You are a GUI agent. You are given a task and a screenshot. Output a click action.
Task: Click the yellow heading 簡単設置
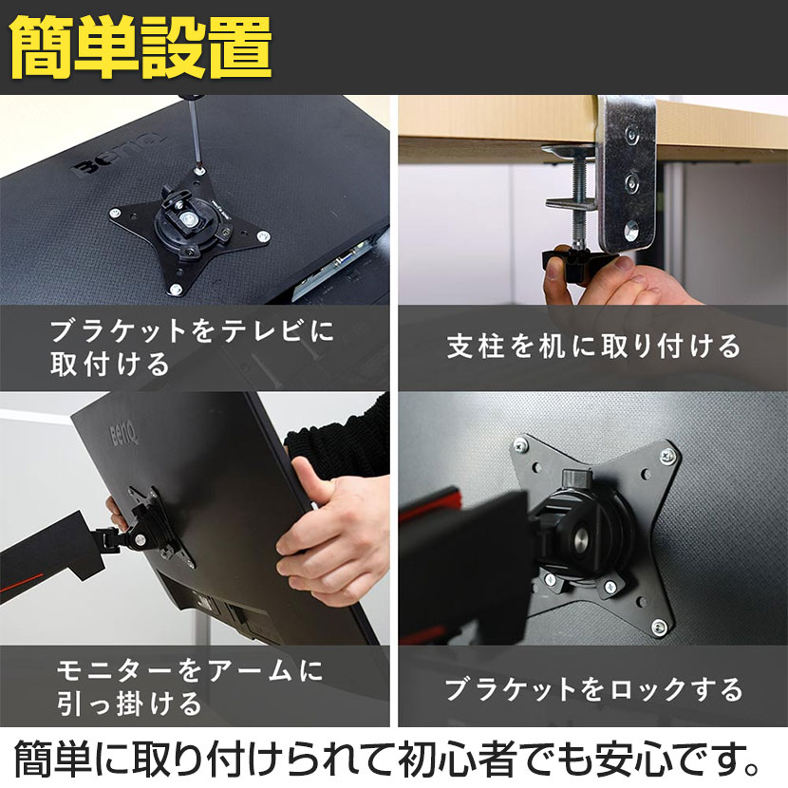[141, 47]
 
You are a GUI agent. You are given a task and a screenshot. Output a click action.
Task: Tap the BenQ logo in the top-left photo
[119, 156]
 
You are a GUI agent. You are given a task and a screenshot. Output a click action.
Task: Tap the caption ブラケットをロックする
[593, 689]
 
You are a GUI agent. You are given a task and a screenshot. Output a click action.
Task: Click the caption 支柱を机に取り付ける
[593, 347]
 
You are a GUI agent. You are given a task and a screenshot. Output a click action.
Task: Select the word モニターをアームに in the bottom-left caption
[190, 671]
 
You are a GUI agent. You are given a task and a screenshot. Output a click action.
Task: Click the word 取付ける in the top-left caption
[109, 364]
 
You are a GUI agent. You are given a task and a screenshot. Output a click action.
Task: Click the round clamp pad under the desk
[570, 150]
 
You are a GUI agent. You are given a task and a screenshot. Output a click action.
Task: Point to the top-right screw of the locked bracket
[667, 456]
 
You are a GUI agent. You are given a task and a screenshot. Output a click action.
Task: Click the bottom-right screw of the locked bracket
[659, 627]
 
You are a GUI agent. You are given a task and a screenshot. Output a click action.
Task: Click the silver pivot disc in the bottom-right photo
[583, 540]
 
